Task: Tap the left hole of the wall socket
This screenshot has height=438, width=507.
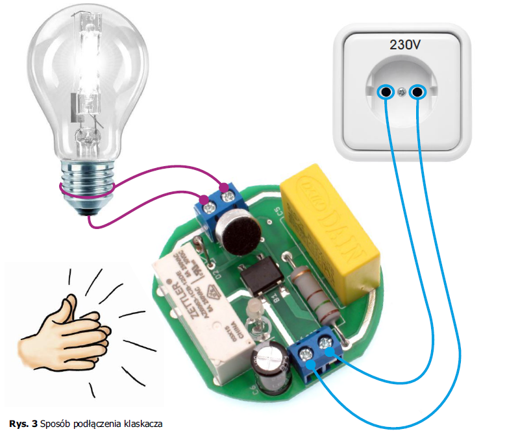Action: [x=387, y=92]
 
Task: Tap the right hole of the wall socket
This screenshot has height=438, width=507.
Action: [x=417, y=92]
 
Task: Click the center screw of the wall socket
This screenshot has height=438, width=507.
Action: [x=402, y=92]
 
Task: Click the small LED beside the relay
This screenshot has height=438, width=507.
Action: [x=254, y=312]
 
